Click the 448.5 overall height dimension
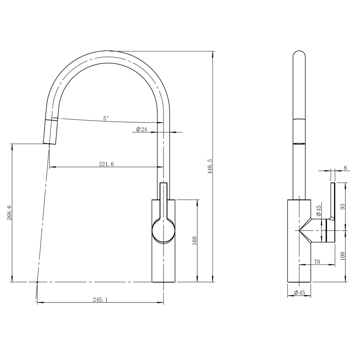pos(210,166)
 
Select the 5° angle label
pos(106,118)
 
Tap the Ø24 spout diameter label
pos(142,130)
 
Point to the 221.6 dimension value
pos(106,164)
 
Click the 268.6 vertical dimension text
pos(9,213)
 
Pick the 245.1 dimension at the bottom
pos(101,300)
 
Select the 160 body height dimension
pos(194,241)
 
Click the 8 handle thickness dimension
pos(345,168)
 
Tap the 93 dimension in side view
pos(343,206)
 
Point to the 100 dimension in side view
pos(343,256)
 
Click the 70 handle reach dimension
pos(317,262)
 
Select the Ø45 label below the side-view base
pos(299,293)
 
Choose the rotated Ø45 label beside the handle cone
pos(319,211)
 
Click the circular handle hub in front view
pos(164,231)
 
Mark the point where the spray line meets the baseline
pos(37,282)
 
